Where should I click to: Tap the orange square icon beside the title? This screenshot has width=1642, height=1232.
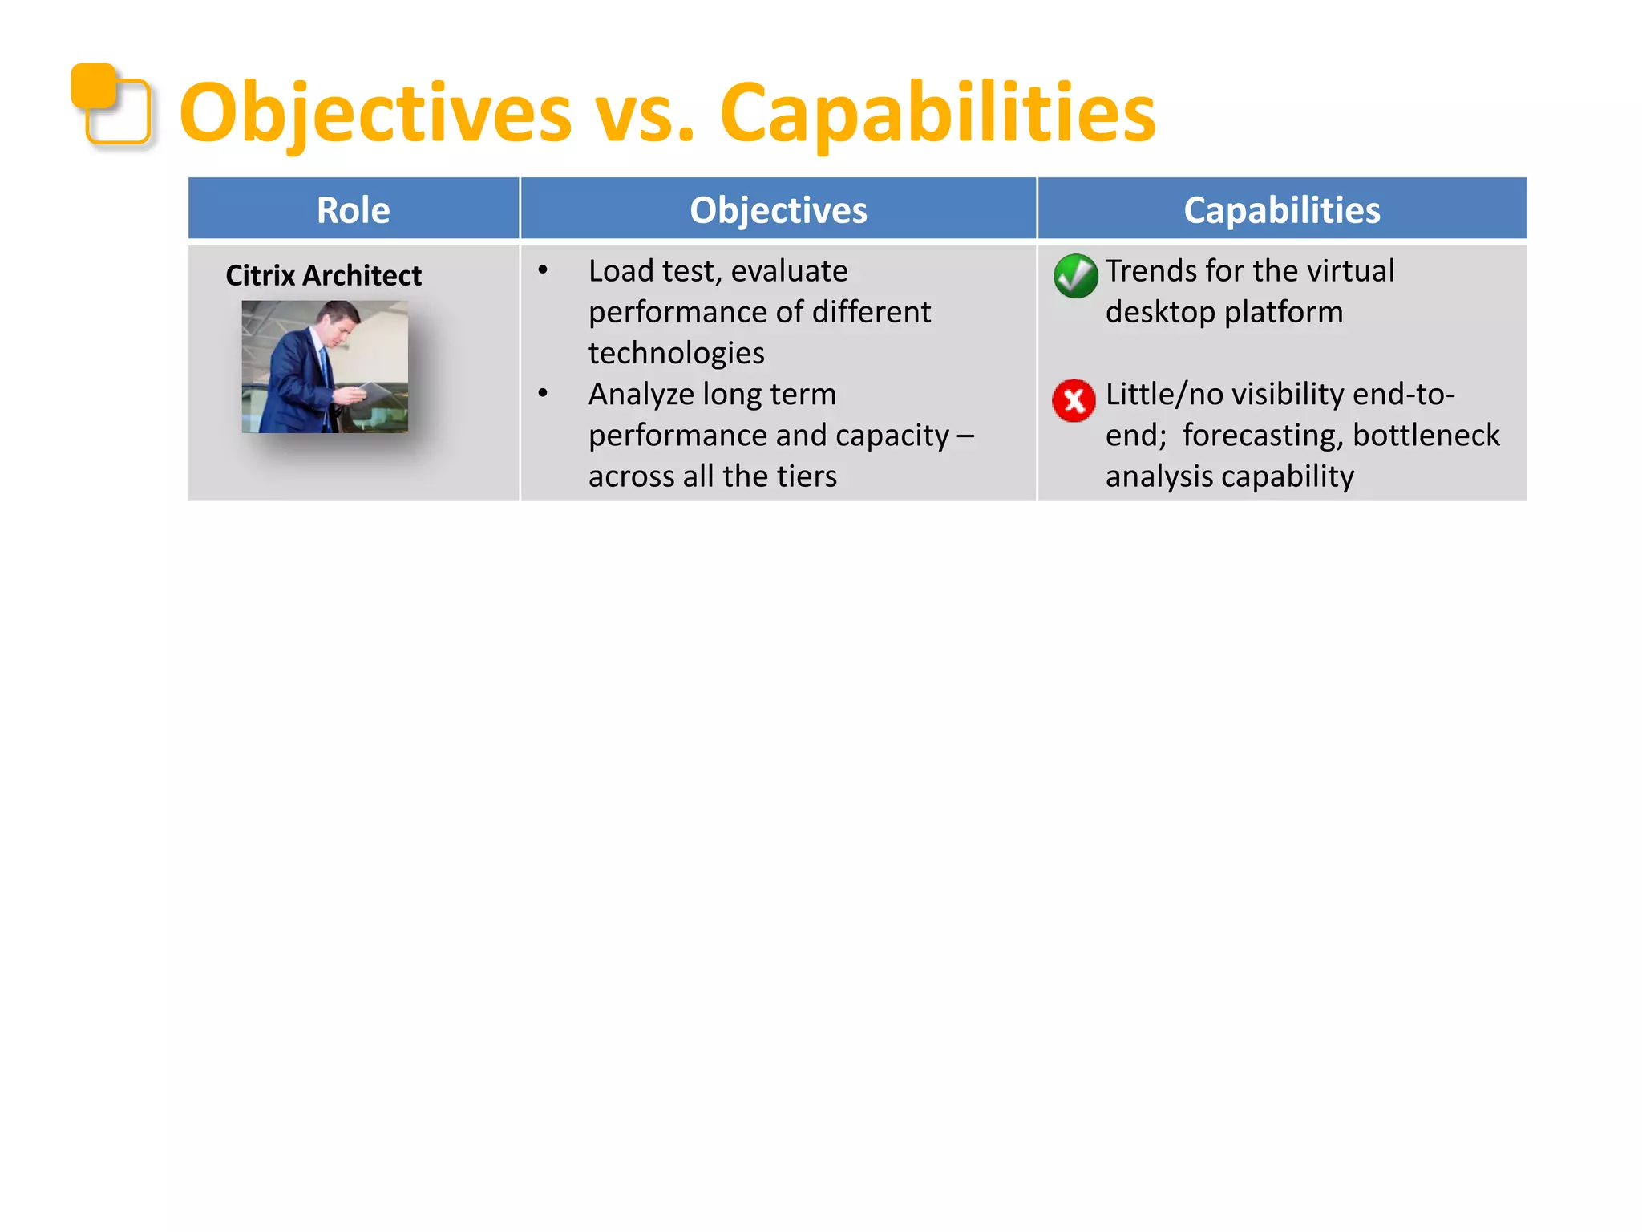111,105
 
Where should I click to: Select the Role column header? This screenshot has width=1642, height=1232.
353,210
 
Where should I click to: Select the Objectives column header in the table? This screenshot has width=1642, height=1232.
778,210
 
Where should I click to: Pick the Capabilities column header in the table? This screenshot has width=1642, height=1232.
1281,210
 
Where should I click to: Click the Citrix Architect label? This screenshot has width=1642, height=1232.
323,275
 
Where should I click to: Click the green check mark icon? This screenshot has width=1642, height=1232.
1075,276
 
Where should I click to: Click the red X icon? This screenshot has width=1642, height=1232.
1074,400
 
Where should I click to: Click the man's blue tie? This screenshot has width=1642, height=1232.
325,365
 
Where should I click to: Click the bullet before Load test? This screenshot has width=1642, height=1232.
543,271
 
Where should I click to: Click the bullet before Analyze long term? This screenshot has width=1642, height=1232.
543,394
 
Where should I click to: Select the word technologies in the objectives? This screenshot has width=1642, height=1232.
676,353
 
